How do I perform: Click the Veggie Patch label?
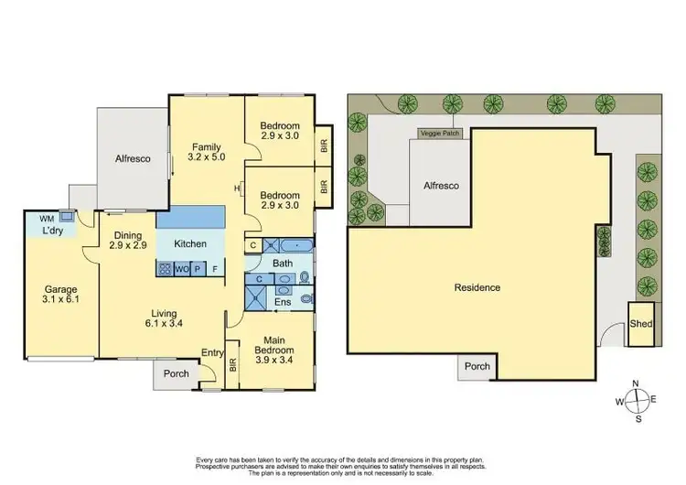(440, 133)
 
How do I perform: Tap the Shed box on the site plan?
(640, 324)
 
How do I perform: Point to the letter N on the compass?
(638, 383)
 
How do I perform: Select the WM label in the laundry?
(46, 219)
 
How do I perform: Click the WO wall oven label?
(183, 269)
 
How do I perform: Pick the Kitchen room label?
(190, 244)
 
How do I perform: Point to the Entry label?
(213, 353)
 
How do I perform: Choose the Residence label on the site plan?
(477, 287)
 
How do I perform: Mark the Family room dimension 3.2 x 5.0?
(205, 157)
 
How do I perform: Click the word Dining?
(128, 234)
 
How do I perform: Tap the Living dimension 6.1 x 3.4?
(165, 323)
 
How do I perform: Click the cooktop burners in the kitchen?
(166, 269)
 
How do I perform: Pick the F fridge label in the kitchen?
(215, 269)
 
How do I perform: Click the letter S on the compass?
(638, 419)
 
